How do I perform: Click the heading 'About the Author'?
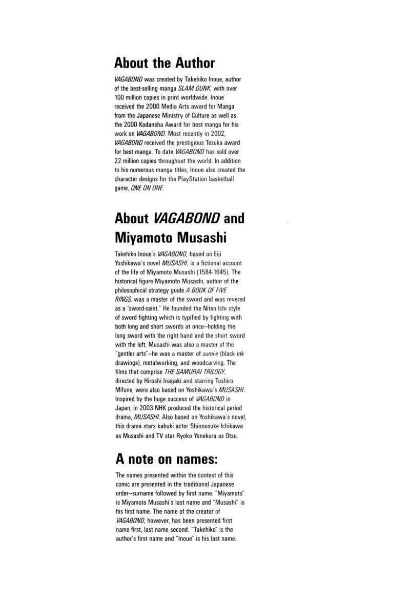pos(165,63)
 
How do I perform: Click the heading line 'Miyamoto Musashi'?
pos(171,238)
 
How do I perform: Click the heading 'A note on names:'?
pos(163,459)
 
